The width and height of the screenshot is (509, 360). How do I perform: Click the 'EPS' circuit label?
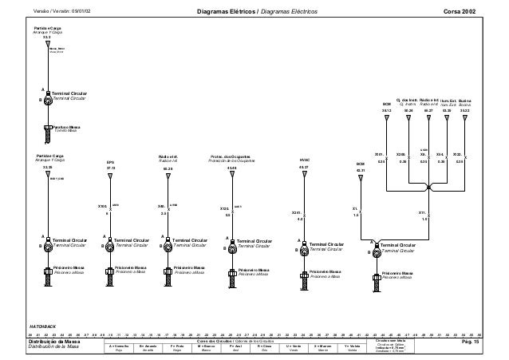(x=111, y=162)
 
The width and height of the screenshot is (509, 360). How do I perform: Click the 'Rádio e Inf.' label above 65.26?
(x=168, y=156)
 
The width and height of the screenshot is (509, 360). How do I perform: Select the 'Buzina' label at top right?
(x=464, y=101)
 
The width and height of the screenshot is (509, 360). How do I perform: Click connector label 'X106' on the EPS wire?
(x=101, y=205)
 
